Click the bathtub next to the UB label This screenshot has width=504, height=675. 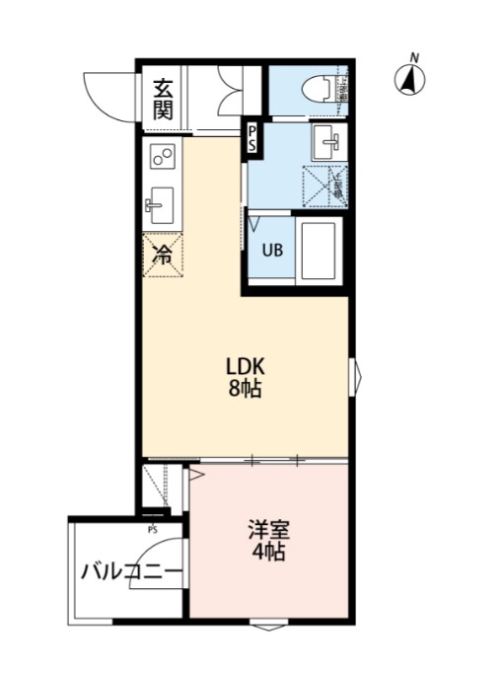(320, 252)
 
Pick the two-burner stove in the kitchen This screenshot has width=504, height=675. (163, 157)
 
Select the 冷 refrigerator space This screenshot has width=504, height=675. (162, 255)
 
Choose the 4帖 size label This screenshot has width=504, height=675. (266, 553)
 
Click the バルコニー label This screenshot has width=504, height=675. (130, 571)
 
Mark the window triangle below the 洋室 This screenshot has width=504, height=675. (267, 627)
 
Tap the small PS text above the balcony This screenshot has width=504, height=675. (153, 528)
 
